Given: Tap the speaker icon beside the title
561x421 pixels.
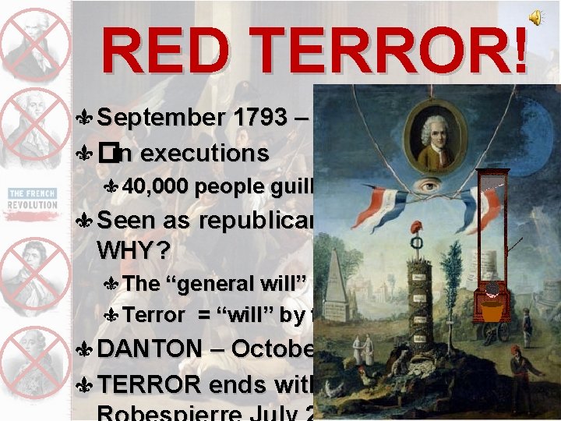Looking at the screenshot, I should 537,18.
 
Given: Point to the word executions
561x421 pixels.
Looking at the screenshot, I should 204,153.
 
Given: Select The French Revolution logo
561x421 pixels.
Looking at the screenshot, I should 33,198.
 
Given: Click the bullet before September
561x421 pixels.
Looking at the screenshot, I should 88,119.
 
